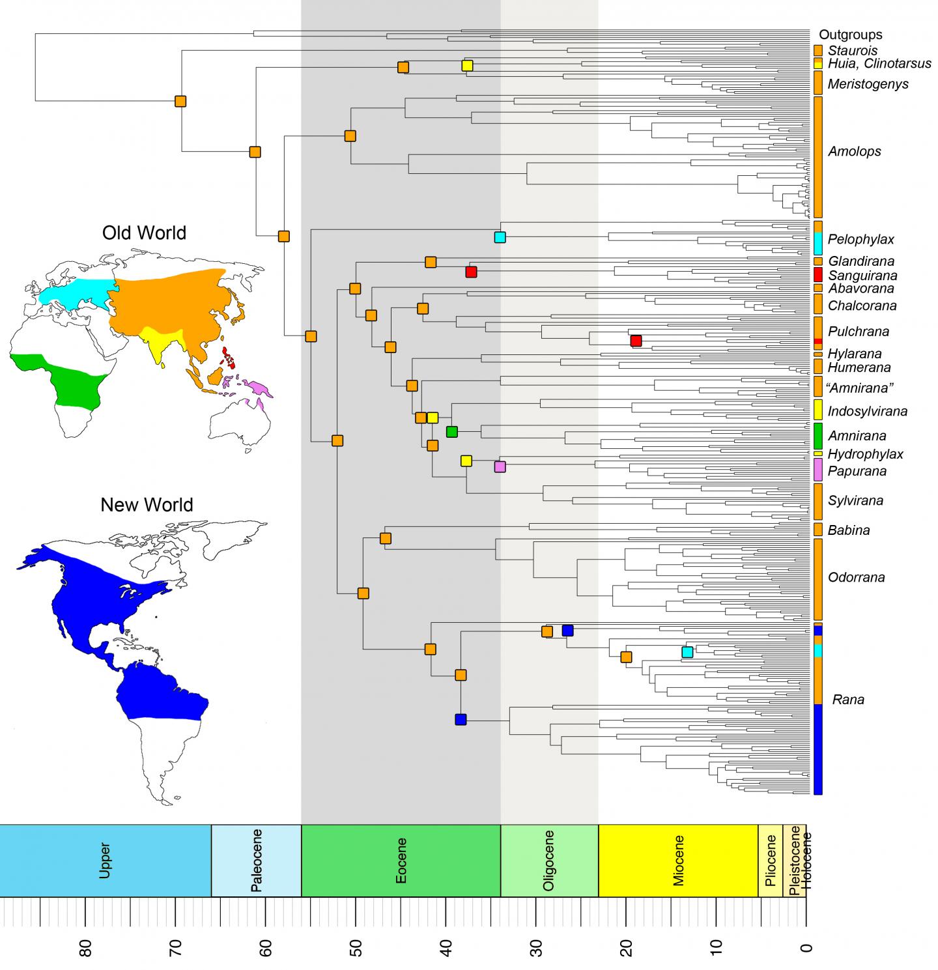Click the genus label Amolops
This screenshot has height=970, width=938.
click(x=854, y=151)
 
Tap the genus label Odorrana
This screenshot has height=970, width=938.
click(x=856, y=577)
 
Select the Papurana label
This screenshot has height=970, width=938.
click(x=857, y=471)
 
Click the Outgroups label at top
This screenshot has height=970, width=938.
click(x=851, y=35)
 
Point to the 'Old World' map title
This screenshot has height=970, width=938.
click(x=144, y=233)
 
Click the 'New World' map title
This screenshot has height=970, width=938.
click(x=147, y=505)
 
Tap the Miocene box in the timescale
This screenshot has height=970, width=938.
click(x=678, y=861)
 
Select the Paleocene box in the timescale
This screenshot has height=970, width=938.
click(x=256, y=861)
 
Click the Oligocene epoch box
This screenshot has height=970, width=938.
click(x=549, y=861)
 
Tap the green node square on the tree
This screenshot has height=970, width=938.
click(x=452, y=431)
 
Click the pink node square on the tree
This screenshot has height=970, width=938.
click(x=500, y=466)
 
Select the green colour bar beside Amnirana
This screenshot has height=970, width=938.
click(x=818, y=434)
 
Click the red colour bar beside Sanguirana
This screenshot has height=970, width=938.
click(x=818, y=275)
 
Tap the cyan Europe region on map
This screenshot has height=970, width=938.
click(x=75, y=292)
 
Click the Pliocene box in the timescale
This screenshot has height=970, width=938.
click(x=770, y=861)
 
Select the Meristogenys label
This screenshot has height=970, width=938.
click(x=868, y=84)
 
